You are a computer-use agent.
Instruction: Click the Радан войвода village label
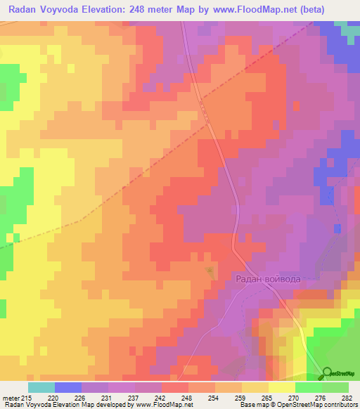point(267,279)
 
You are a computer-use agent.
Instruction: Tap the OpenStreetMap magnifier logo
point(327,373)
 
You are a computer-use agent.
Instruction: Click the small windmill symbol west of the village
point(209,270)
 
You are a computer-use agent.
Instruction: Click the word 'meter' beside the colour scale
point(10,397)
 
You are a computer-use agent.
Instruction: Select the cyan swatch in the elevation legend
point(41,387)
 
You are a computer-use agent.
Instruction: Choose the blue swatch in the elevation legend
point(68,387)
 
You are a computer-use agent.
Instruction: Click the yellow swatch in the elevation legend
point(282,387)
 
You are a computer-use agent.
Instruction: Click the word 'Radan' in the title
point(24,10)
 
